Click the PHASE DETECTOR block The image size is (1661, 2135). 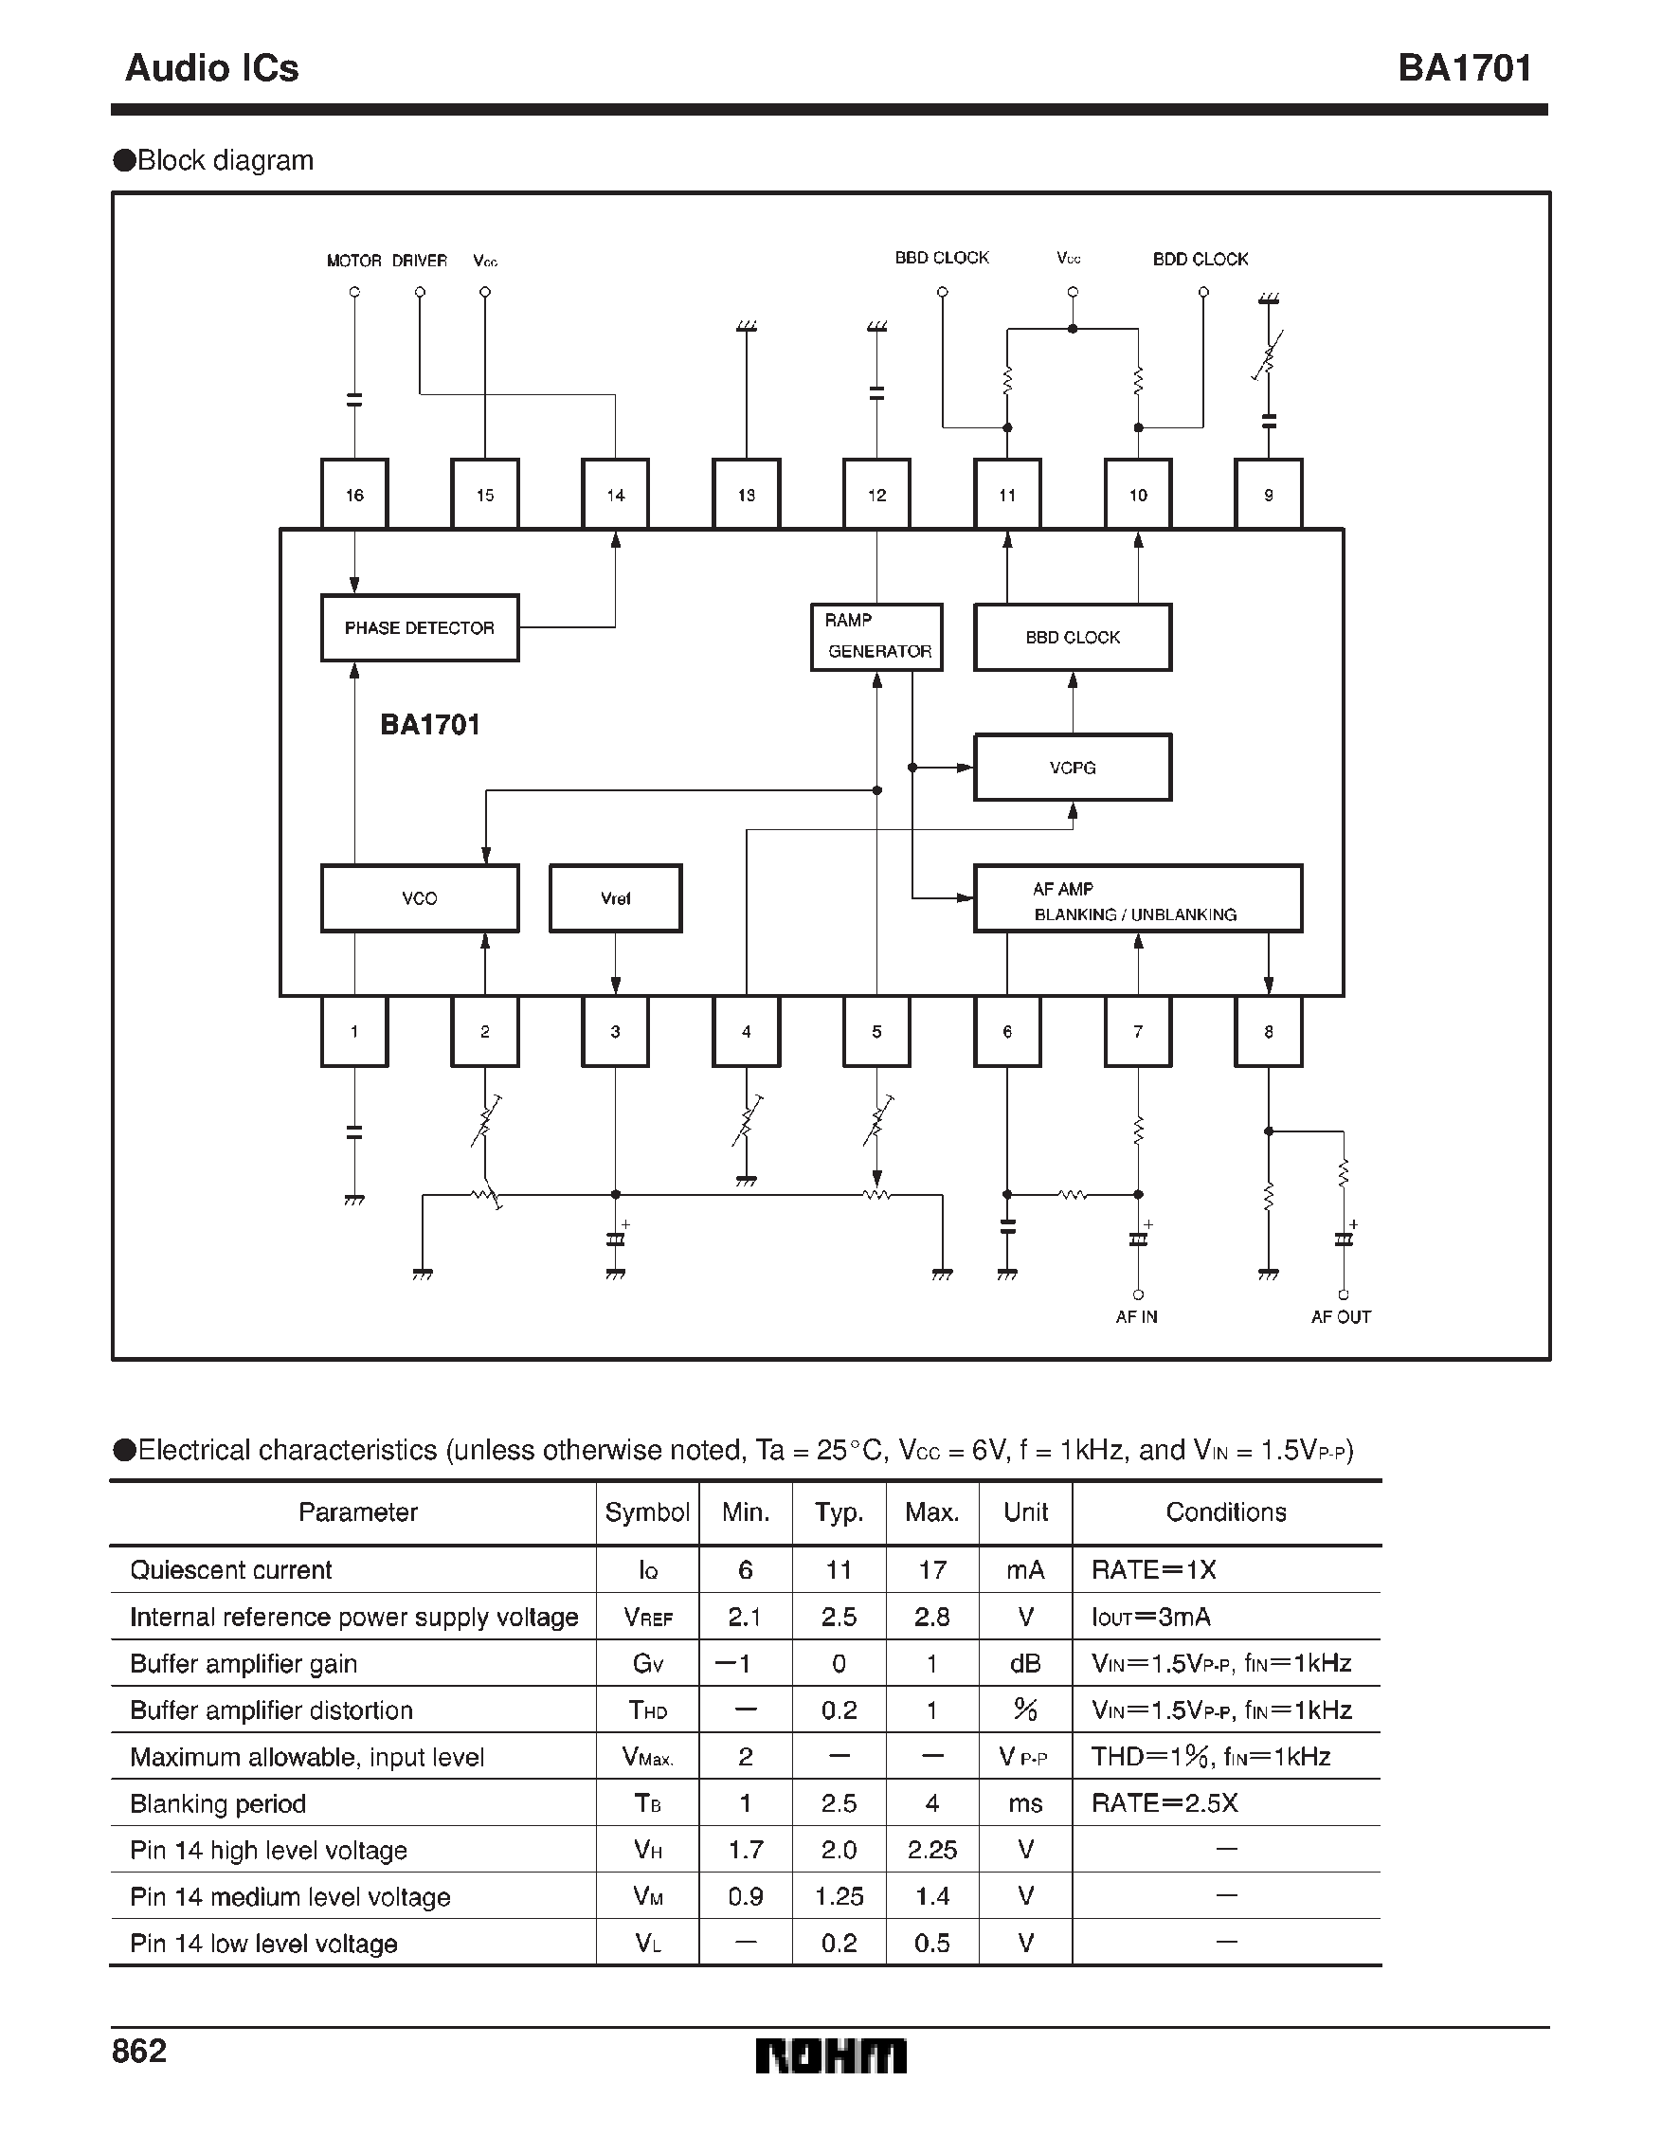[420, 627]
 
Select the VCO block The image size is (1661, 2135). [420, 897]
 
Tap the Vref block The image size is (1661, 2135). [615, 897]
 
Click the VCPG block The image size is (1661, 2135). [1073, 768]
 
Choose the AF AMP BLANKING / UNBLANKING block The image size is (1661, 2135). [1137, 898]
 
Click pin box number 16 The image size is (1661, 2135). [354, 495]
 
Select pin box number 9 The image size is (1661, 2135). [1268, 495]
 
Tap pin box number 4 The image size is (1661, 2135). [746, 1031]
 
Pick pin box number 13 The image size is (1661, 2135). [746, 495]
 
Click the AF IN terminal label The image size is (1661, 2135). [1136, 1317]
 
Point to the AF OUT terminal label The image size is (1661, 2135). [1341, 1317]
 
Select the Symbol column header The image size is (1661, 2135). [647, 1512]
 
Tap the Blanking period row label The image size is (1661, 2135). [218, 1803]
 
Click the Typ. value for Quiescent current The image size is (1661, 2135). [839, 1570]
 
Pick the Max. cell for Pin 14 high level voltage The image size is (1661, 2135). [931, 1850]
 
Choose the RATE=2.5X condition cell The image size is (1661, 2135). [1165, 1803]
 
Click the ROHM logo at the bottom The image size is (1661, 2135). [830, 2055]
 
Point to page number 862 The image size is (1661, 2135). [140, 2050]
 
